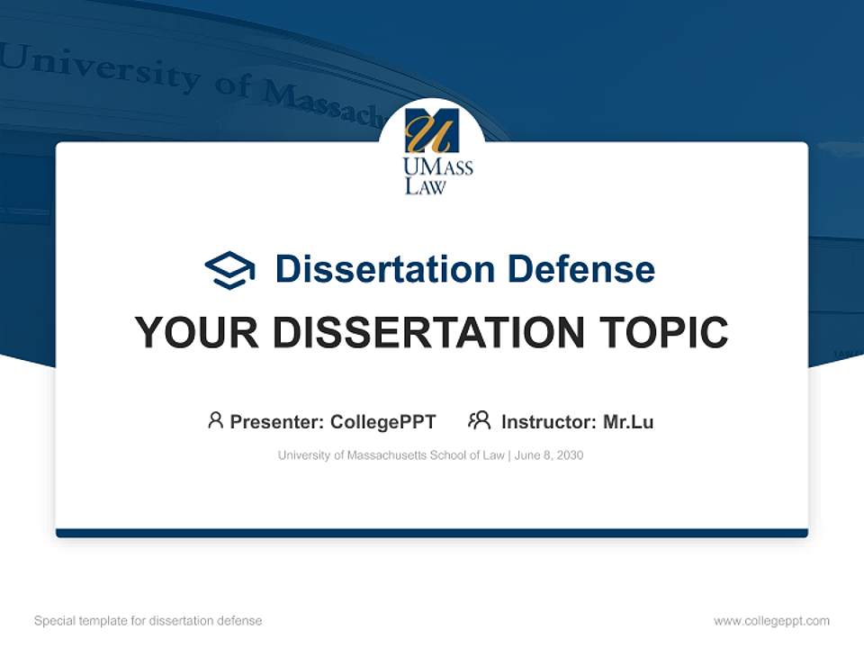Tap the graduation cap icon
click(229, 269)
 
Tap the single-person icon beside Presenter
click(215, 420)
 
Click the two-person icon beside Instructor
click(479, 420)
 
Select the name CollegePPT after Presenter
click(382, 421)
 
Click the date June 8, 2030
click(549, 455)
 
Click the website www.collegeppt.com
click(771, 621)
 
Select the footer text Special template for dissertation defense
click(148, 621)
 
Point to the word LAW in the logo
click(425, 186)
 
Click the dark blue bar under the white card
click(431, 533)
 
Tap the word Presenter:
click(276, 421)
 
